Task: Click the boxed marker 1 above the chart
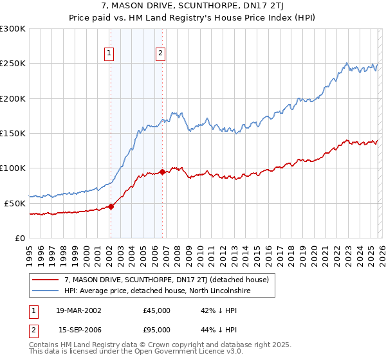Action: click(109, 54)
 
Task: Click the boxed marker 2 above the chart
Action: click(160, 54)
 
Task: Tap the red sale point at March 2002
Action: click(111, 206)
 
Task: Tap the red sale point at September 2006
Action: click(162, 172)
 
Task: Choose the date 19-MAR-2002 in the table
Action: click(79, 310)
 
